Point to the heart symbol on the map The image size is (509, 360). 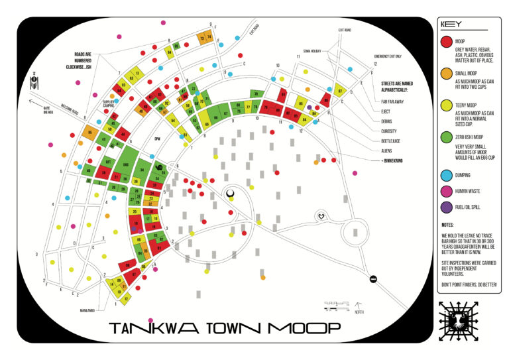coord(321,216)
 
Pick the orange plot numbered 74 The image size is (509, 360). coord(209,38)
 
